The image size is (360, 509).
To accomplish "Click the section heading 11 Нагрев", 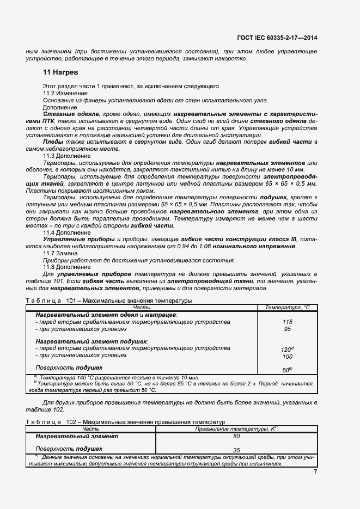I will (x=60, y=72).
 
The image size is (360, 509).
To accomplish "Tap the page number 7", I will (x=315, y=471).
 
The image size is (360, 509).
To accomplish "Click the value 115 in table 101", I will (x=288, y=322).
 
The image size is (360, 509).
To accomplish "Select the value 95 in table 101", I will (x=288, y=329).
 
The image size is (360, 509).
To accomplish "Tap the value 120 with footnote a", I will (x=288, y=349).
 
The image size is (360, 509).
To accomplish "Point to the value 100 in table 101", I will (x=288, y=357).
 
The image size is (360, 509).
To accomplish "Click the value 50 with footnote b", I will (x=288, y=370).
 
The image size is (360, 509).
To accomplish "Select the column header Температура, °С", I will (x=287, y=308).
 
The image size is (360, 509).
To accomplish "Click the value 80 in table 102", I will (x=236, y=436).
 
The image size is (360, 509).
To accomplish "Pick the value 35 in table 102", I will (x=236, y=450).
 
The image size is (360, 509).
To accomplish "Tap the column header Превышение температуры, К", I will (x=236, y=429).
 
